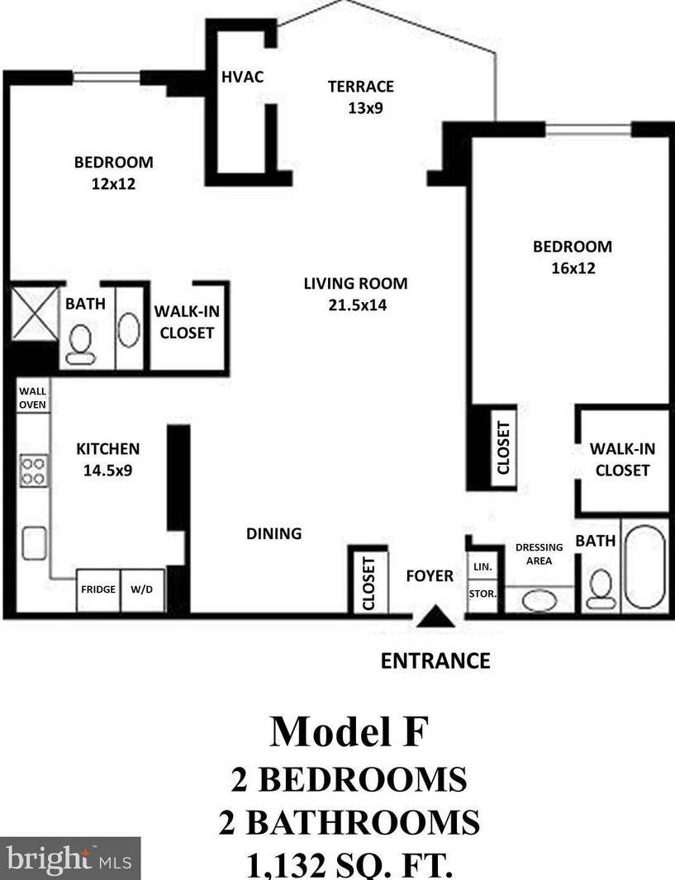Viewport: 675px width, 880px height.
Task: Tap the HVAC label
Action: tap(243, 77)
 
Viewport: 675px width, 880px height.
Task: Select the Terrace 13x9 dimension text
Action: tap(365, 108)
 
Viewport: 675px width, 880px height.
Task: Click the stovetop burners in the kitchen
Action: tap(33, 471)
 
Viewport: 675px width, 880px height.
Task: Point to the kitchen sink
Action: tap(34, 543)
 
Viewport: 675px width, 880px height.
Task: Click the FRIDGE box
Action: tap(98, 590)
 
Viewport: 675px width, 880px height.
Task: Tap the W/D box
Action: tap(143, 590)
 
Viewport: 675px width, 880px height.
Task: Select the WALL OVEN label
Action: tap(32, 398)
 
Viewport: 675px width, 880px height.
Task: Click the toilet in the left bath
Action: tap(80, 344)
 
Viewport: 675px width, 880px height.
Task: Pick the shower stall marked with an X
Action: tap(35, 313)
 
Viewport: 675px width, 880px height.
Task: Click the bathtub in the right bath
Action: tap(644, 567)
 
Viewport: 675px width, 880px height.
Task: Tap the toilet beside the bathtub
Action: tap(601, 589)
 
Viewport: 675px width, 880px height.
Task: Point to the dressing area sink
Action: tap(540, 601)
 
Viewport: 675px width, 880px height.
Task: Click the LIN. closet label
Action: tap(482, 567)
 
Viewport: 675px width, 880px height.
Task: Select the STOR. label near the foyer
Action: tap(482, 594)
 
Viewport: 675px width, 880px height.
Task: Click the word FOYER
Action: tap(430, 576)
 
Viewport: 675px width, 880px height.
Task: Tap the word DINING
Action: tap(274, 533)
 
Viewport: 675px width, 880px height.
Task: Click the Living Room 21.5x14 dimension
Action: tap(358, 305)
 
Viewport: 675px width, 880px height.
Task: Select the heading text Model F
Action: tap(349, 731)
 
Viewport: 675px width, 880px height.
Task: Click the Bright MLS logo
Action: tap(69, 858)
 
